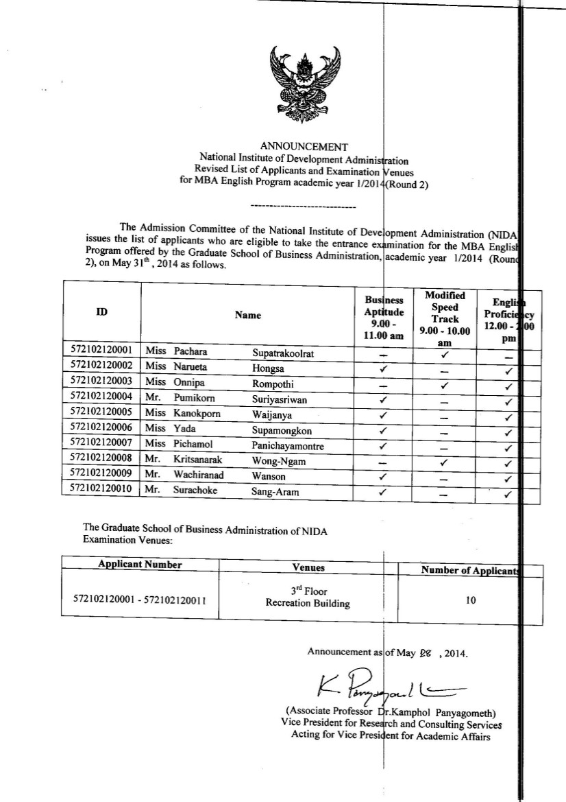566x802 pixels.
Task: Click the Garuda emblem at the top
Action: pyautogui.click(x=304, y=83)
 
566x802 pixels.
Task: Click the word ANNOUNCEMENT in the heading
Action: pyautogui.click(x=304, y=146)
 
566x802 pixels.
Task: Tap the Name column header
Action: pyautogui.click(x=247, y=316)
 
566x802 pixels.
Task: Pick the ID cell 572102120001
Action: pyautogui.click(x=101, y=351)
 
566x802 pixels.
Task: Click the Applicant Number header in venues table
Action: pyautogui.click(x=140, y=565)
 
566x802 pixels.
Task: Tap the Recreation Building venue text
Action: pyautogui.click(x=308, y=604)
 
